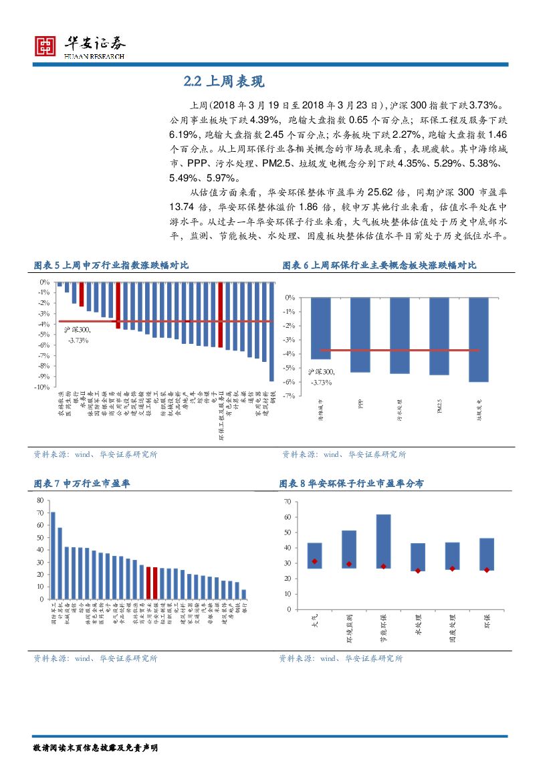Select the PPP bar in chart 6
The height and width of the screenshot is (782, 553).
360,334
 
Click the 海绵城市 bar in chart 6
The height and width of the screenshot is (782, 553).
320,328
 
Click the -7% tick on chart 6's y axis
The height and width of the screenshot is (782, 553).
290,396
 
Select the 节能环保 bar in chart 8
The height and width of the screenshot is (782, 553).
383,541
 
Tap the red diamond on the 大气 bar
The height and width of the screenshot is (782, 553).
314,561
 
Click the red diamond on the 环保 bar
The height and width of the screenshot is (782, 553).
487,570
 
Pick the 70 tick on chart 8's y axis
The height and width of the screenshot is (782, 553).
288,501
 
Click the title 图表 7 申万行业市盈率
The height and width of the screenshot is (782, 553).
82,483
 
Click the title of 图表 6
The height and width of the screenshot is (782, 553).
379,266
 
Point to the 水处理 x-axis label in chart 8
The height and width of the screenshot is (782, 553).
418,625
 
